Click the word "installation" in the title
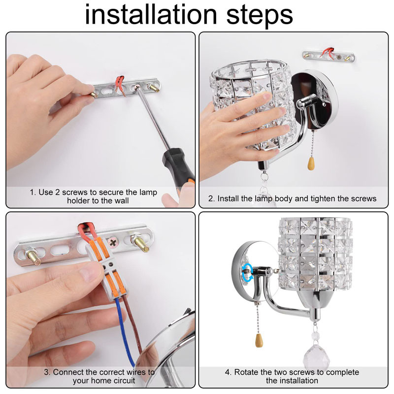coord(151,14)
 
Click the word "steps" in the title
coord(260,16)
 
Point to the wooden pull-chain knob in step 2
coord(311,164)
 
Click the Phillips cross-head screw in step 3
coord(113,242)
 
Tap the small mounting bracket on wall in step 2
coord(329,57)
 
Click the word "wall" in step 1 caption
coord(122,201)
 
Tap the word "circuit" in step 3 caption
coord(124,381)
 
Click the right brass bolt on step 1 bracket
coord(153,88)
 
